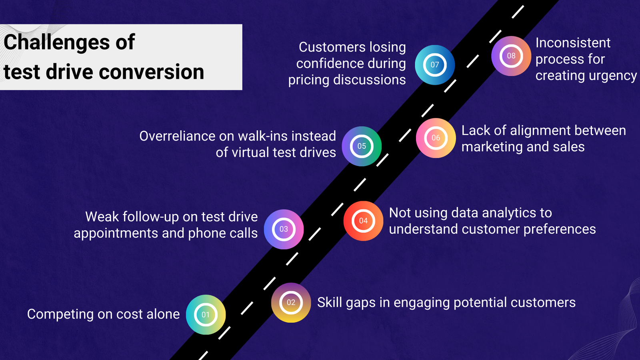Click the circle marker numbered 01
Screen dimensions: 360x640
coord(206,315)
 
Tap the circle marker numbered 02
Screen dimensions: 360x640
coord(291,302)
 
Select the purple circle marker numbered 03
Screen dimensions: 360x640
coord(284,229)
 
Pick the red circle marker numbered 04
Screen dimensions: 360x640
coord(363,221)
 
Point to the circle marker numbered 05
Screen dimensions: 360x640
coord(362,146)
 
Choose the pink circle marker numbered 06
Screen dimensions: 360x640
coord(436,138)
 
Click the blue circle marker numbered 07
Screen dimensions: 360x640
coord(435,65)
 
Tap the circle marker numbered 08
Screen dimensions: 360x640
coord(511,56)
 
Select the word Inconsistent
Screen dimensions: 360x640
coord(573,43)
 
